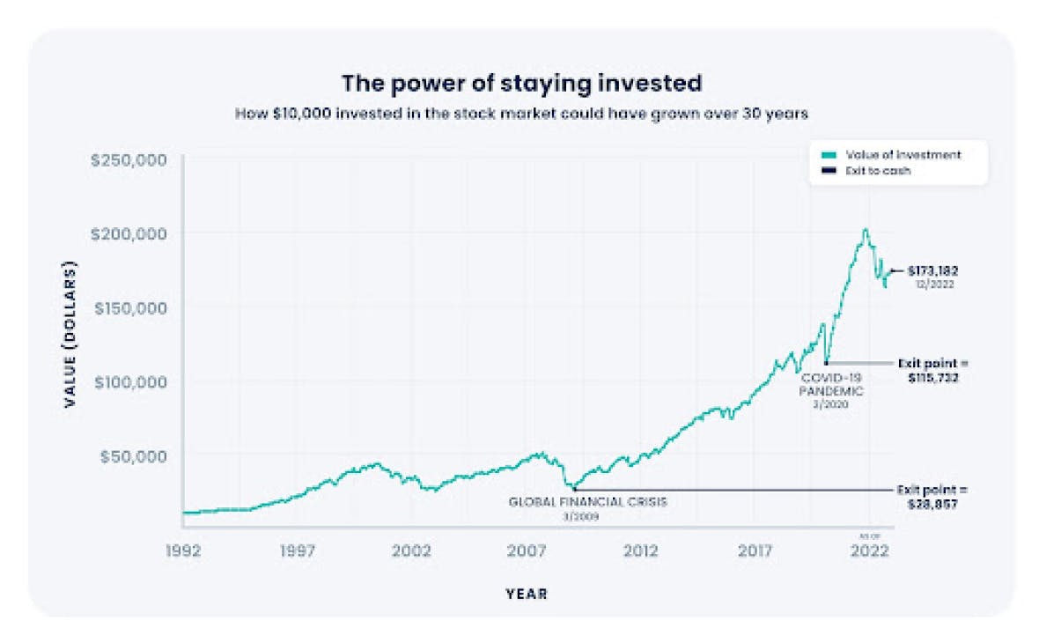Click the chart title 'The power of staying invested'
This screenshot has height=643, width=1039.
click(x=521, y=83)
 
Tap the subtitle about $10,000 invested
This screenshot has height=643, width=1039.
click(x=521, y=114)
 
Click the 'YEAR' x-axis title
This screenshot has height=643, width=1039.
click(x=527, y=595)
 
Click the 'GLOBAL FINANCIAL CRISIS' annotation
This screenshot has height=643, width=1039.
click(x=588, y=502)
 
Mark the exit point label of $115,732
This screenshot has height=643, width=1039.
click(x=932, y=370)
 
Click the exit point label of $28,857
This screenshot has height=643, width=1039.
click(x=932, y=496)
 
